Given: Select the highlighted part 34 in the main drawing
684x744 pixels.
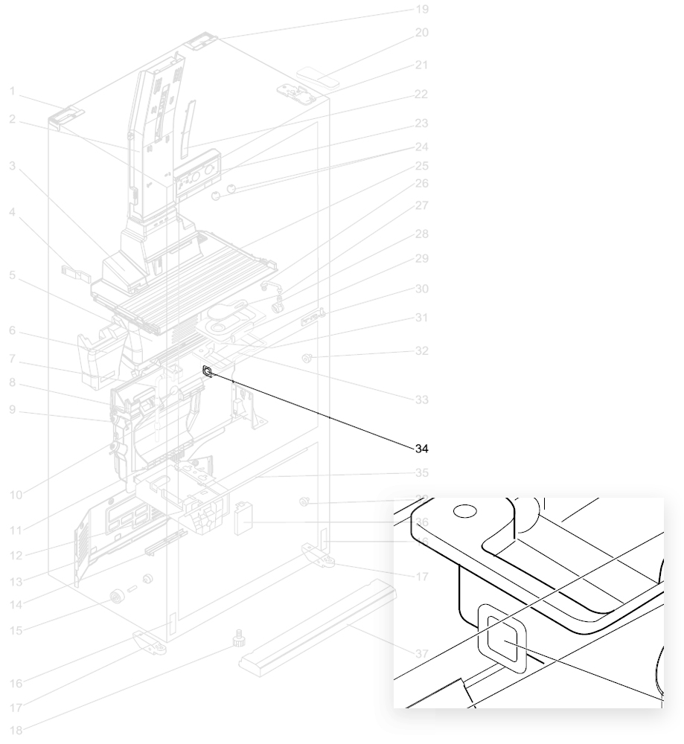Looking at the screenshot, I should coord(208,371).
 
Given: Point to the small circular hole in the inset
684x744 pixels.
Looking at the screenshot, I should coord(463,512).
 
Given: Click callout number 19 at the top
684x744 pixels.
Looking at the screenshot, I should coord(422,10).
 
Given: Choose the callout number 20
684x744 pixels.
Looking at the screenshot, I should coord(422,33).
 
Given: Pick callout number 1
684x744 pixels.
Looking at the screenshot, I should coord(13,91).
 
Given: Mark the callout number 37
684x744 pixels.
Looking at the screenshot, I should coord(422,653).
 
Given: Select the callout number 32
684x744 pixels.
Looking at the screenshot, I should coord(422,350).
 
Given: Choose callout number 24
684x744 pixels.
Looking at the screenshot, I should coord(422,147).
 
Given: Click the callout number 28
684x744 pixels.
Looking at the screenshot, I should coord(422,234).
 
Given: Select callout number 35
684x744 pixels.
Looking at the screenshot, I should coord(422,472).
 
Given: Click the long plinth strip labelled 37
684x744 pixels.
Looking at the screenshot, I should coord(316,626).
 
